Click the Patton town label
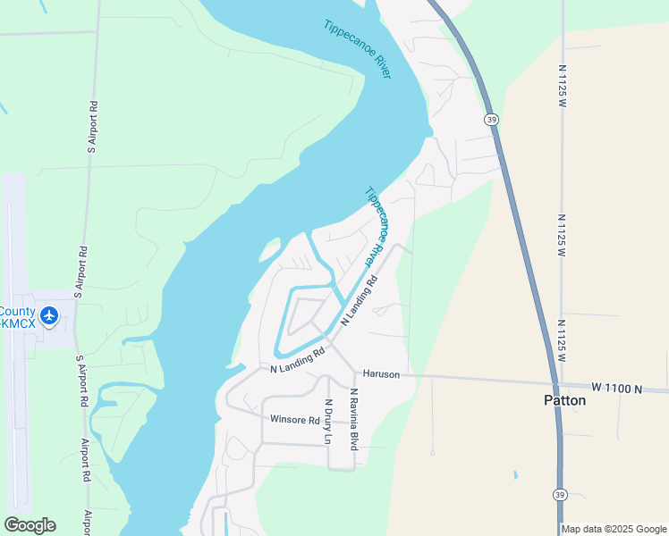pos(564,400)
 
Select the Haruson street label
pos(380,373)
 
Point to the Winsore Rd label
pos(294,420)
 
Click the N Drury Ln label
pos(328,422)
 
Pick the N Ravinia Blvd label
pos(354,418)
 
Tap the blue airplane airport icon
pos(48,314)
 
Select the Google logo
pos(30,525)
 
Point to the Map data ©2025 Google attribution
pos(613,529)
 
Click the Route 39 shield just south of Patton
pos(560,495)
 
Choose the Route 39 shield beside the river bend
pos(491,119)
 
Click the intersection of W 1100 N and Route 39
pos(556,386)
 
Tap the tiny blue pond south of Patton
pos(515,474)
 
